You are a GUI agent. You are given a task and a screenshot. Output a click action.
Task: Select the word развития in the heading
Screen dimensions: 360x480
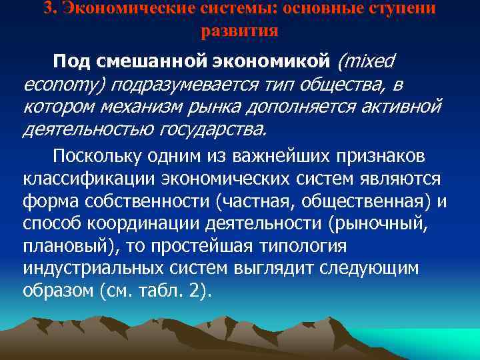pyautogui.click(x=239, y=30)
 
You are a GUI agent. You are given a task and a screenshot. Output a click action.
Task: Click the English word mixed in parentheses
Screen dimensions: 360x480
pyautogui.click(x=369, y=62)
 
